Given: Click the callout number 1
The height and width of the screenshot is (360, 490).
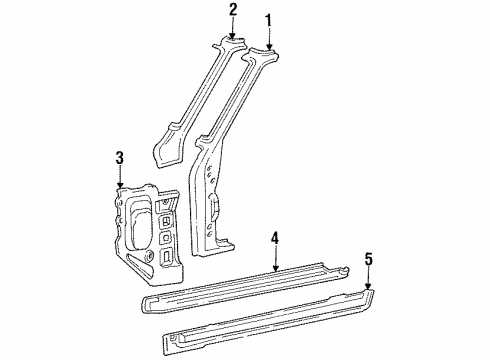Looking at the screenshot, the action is coord(268,21).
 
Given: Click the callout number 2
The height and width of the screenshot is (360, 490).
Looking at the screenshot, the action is coord(233,10).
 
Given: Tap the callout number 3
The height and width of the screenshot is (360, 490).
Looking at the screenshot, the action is coord(120,158).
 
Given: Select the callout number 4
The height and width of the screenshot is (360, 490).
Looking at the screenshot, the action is coord(275,239).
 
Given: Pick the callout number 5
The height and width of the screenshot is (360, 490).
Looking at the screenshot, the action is coord(368,259).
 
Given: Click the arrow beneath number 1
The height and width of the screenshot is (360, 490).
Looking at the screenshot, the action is coord(269,40).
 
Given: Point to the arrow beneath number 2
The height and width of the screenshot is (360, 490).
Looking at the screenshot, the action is coord(232,28).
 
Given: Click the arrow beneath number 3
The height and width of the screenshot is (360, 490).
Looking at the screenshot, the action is coord(120,178).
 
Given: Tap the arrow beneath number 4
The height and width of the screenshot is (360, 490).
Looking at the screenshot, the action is coord(275,259).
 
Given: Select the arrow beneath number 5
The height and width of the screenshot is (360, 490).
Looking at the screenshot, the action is coord(368,278).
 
